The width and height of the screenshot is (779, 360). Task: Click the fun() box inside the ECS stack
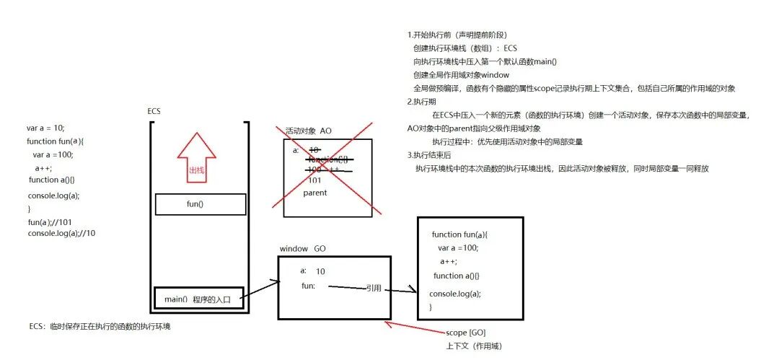pyautogui.click(x=195, y=204)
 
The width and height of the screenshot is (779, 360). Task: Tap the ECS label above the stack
pyautogui.click(x=154, y=111)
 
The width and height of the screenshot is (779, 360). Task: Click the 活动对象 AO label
pyautogui.click(x=309, y=131)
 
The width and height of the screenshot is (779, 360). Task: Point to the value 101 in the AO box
pyautogui.click(x=314, y=180)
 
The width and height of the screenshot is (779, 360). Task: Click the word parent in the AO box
pyautogui.click(x=315, y=193)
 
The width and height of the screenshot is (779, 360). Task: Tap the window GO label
pyautogui.click(x=303, y=249)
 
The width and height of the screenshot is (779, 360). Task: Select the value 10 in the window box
pyautogui.click(x=320, y=271)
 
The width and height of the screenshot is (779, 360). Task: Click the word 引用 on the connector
pyautogui.click(x=374, y=287)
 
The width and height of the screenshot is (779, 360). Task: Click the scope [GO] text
pyautogui.click(x=467, y=333)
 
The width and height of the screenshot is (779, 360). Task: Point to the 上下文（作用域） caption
pyautogui.click(x=473, y=346)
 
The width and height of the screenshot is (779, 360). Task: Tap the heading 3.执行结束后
pyautogui.click(x=430, y=155)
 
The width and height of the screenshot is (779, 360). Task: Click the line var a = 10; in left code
pyautogui.click(x=46, y=128)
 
